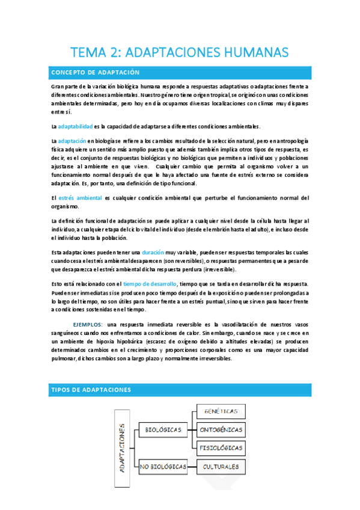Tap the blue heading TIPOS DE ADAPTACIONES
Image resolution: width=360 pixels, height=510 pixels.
coord(90,390)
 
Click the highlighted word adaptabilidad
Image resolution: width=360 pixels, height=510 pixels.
coord(75,126)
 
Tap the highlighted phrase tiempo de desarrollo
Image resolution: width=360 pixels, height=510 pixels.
coord(150,283)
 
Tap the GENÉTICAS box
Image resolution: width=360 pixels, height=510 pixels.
coord(221,412)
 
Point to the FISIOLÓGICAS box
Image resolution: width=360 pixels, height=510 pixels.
coord(221,447)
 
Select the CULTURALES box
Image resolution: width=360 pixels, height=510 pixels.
coord(221,466)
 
